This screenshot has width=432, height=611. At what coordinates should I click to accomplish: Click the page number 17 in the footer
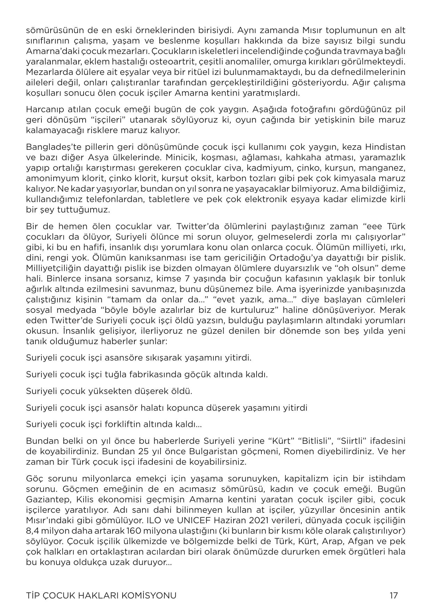[x=394, y=595]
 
